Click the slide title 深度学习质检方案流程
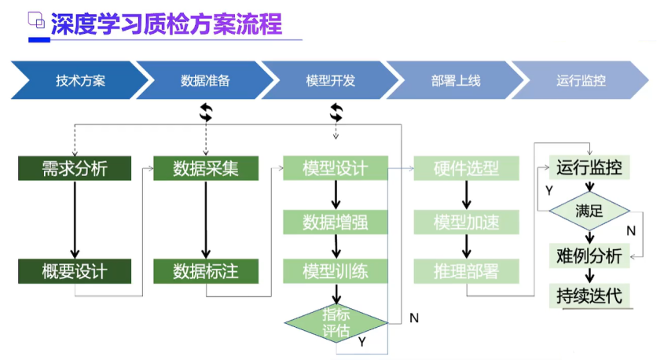166,24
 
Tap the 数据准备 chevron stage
205,81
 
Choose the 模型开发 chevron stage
330,81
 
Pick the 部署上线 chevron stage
455,81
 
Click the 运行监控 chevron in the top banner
581,81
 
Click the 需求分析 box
75,168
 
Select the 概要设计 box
75,271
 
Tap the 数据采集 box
206,168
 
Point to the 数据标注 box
206,271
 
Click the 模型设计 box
336,168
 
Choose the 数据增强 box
336,222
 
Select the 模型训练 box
336,271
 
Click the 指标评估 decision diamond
336,321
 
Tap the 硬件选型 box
467,168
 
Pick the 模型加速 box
467,222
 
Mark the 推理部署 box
467,271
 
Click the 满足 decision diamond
589,211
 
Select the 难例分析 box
589,255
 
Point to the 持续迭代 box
589,296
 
